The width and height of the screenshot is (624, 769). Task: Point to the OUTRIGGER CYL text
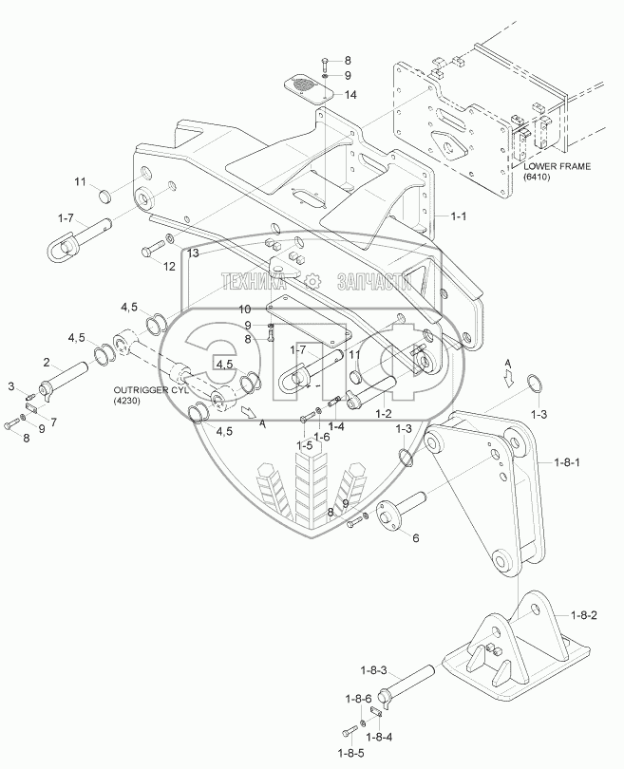point(152,389)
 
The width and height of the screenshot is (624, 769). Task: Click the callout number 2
point(45,362)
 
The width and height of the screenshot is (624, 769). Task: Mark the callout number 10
point(244,309)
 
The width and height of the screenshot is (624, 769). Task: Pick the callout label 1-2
point(385,414)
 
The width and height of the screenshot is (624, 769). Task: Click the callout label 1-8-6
point(357,699)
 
